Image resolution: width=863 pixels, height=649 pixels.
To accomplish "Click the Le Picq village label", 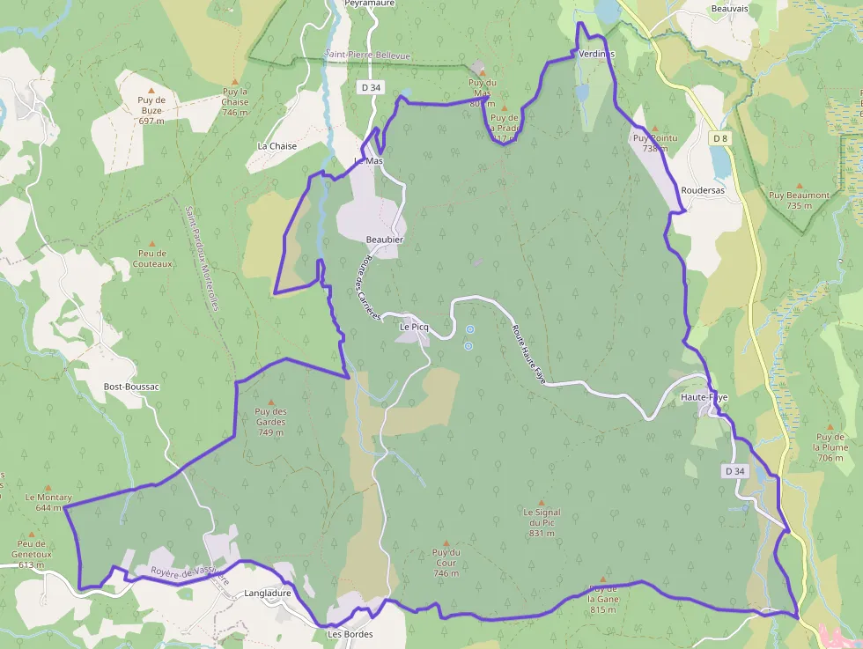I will (414, 327).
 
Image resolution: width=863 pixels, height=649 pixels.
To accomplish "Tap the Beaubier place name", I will (385, 240).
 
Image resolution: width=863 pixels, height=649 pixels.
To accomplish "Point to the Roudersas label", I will (702, 191).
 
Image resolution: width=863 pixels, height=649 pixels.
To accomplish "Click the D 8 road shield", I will (720, 138).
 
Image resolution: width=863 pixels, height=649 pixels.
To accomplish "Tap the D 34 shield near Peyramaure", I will (371, 87).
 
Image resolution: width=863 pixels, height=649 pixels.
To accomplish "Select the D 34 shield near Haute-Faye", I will (735, 471).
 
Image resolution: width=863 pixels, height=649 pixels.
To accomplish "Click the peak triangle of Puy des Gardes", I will (270, 402).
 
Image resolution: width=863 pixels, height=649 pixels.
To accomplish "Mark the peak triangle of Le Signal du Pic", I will (542, 503).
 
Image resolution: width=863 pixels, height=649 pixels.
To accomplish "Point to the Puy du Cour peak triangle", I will (446, 542).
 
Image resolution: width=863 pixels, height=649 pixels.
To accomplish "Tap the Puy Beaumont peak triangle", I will (799, 185).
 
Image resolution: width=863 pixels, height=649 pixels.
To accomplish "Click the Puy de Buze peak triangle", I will (151, 91).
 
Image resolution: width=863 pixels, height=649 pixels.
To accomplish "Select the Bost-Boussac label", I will (130, 387).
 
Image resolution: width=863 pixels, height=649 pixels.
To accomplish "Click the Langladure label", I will (267, 594).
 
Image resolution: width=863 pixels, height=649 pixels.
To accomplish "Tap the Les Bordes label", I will (350, 634).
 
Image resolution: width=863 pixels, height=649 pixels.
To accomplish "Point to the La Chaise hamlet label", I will (277, 146).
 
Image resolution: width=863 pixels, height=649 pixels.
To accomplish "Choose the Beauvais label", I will (729, 8).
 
